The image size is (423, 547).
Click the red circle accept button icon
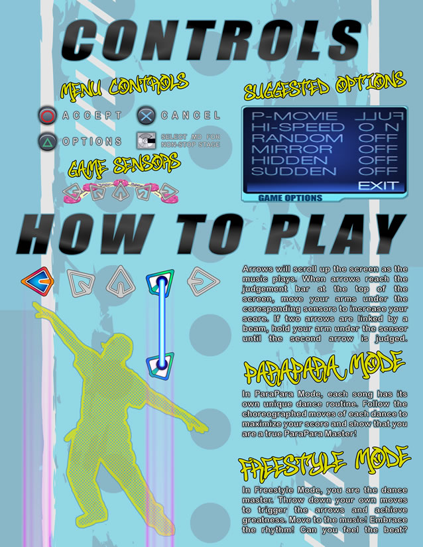click(48, 115)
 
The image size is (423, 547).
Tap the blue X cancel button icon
click(146, 115)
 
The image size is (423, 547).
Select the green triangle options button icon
click(48, 141)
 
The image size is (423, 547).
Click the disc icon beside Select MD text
click(146, 141)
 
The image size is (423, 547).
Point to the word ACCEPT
click(92, 115)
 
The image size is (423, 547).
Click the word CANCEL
click(190, 115)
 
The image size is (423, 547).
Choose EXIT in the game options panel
click(379, 186)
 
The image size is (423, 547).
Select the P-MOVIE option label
click(294, 116)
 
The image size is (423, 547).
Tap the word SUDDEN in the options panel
click(294, 171)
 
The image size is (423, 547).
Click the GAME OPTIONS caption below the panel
click(290, 198)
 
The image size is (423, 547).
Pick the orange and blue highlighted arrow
click(38, 281)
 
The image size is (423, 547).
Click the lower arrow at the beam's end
click(160, 365)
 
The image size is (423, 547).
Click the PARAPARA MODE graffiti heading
click(324, 369)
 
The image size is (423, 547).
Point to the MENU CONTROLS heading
click(125, 86)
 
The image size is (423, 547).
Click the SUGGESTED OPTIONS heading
click(325, 86)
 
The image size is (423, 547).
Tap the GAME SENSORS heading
click(124, 165)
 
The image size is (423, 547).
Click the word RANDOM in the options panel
click(297, 138)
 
